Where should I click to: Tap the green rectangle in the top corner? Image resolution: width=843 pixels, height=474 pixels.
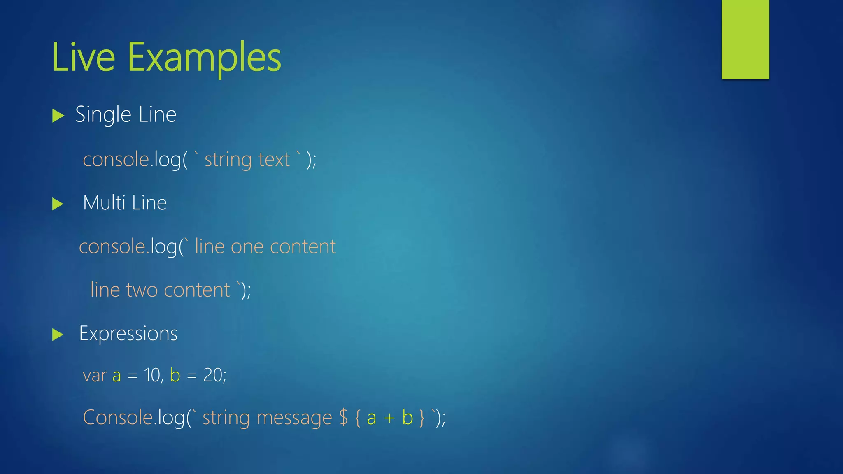pos(745,39)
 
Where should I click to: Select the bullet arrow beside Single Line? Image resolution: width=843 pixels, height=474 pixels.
pos(58,116)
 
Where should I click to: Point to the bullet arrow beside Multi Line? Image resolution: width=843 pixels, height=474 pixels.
pos(58,204)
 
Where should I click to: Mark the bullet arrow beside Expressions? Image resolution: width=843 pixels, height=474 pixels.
pos(58,335)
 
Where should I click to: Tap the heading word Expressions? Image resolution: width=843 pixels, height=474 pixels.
pos(128,334)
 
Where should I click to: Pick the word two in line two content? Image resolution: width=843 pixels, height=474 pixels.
pos(142,290)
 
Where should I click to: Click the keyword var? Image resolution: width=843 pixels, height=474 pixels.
pos(95,376)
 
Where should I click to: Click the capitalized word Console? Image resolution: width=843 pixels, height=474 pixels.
pos(118,417)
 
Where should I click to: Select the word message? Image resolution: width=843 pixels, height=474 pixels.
pos(294,418)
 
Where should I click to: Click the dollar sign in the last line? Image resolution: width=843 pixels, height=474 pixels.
pos(343,418)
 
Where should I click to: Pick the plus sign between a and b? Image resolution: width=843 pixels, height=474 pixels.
pos(389,418)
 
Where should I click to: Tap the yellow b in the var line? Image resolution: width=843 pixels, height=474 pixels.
pos(175,375)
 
